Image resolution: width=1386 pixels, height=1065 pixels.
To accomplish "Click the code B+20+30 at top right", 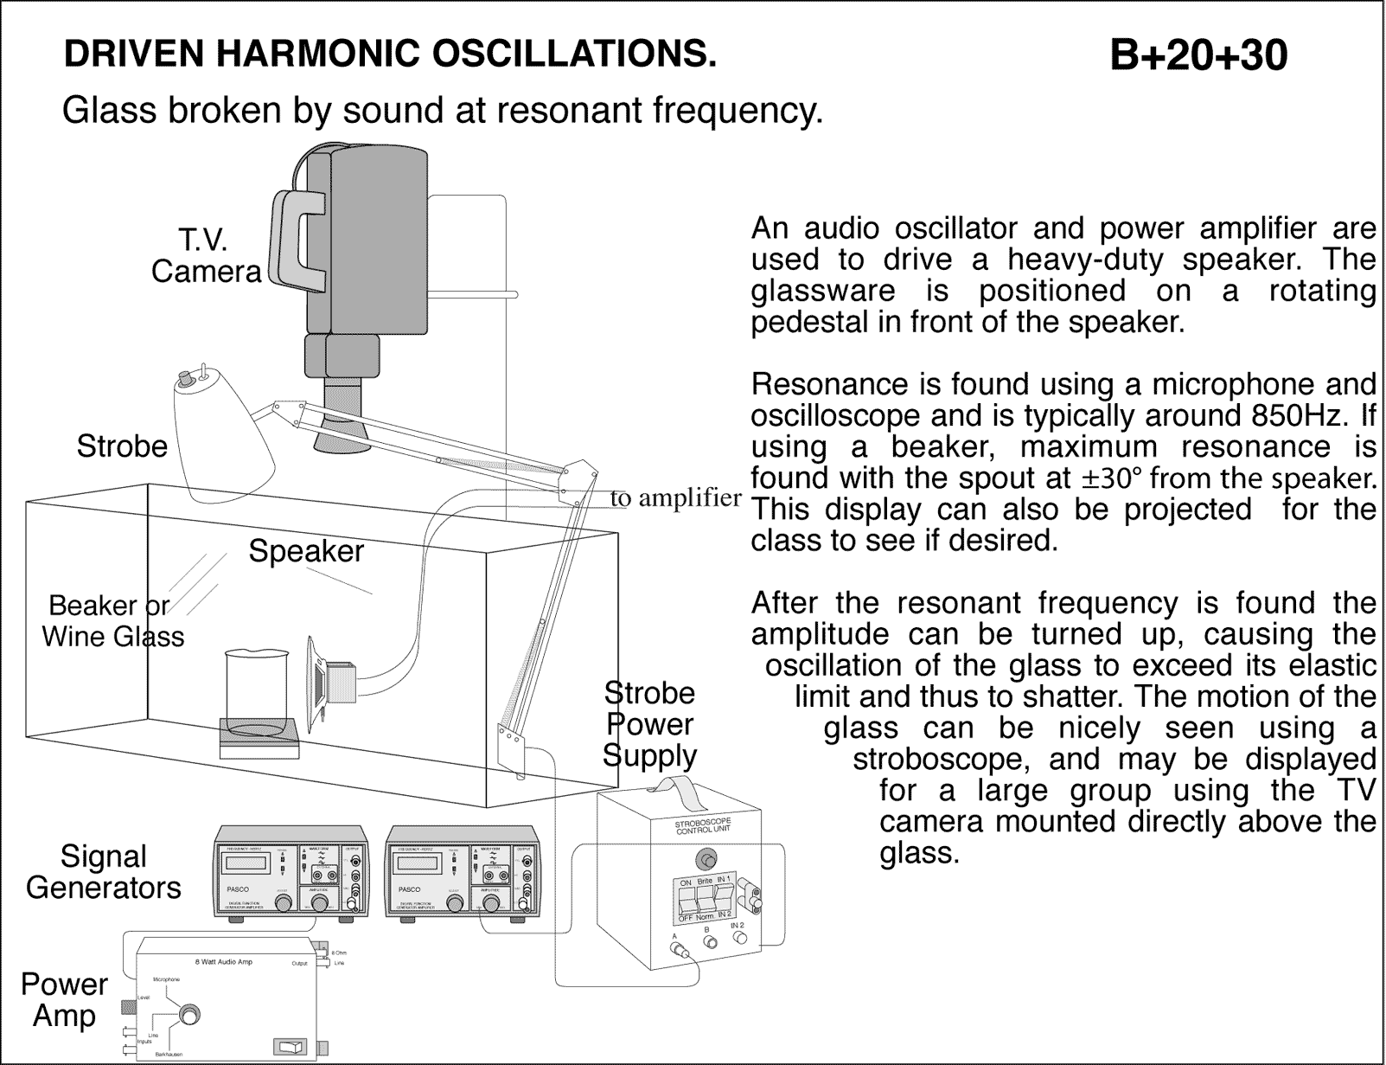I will tap(1198, 55).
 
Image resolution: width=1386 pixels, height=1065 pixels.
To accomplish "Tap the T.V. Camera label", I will tap(206, 256).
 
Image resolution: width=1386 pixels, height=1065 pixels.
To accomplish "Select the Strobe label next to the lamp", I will tap(122, 446).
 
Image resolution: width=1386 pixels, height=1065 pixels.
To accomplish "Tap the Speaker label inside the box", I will tap(306, 551).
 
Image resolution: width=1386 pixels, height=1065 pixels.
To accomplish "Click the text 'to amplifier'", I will tap(675, 498).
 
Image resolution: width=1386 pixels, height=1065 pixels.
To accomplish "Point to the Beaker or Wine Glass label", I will tap(112, 621).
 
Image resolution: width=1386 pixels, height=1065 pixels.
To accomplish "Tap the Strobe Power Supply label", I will tap(649, 724).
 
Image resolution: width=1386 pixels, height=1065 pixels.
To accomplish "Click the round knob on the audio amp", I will tap(188, 1015).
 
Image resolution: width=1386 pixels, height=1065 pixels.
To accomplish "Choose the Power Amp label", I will tap(64, 999).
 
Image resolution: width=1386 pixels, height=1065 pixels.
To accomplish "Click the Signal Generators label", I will tap(104, 872).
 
